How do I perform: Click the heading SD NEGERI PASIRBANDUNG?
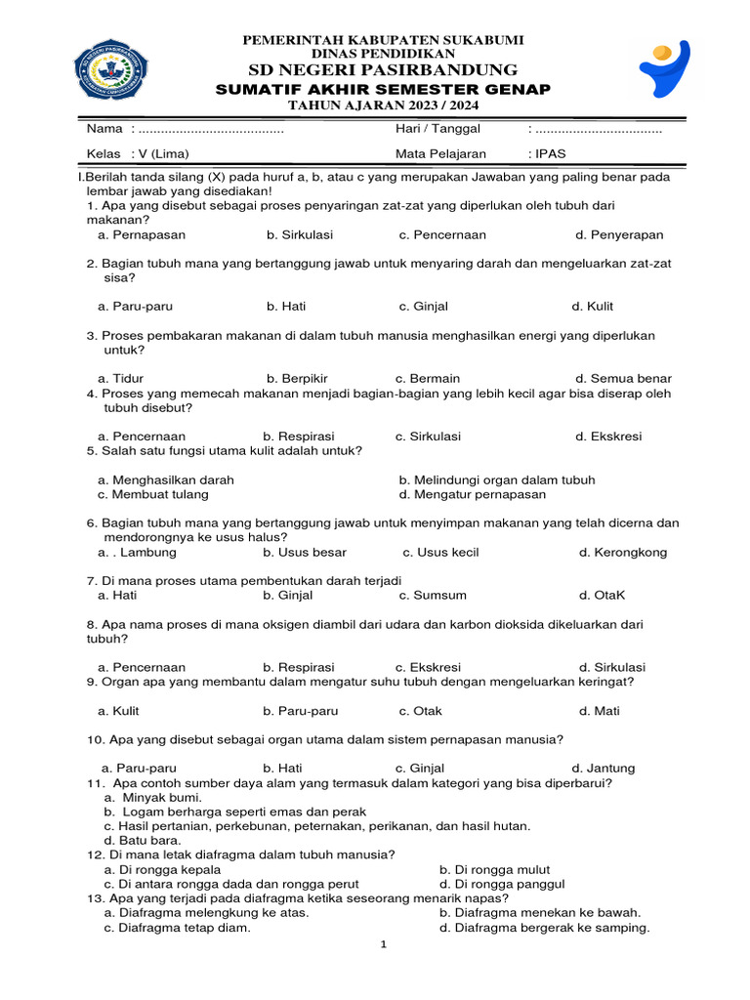383,69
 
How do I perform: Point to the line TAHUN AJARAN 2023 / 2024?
383,105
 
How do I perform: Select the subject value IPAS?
550,154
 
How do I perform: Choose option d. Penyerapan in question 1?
619,235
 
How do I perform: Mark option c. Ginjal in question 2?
423,307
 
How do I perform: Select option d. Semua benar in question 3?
623,379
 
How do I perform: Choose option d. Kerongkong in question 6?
623,553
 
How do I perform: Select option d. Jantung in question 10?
603,769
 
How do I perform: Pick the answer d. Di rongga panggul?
502,885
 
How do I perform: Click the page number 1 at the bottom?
384,945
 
